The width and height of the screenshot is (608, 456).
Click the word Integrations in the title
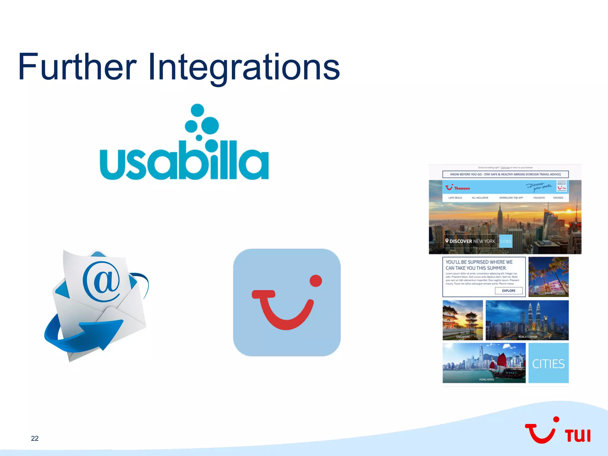point(243,67)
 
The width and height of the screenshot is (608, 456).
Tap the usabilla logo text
point(184,162)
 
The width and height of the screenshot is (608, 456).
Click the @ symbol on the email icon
point(102,281)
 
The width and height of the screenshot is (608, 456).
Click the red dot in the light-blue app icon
point(316,281)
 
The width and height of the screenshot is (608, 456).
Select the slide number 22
point(35,438)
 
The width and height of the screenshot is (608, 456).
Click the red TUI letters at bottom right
point(578,436)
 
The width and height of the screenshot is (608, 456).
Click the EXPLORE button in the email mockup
point(509,291)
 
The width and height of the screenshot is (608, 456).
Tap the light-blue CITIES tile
point(548,363)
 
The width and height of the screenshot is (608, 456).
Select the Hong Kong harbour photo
point(484,363)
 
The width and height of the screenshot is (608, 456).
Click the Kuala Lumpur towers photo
point(527,320)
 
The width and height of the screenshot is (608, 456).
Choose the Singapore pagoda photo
point(463,320)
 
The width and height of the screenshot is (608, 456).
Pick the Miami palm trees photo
point(548,277)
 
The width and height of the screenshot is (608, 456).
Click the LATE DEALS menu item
point(455,198)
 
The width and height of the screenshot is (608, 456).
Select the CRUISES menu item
point(558,198)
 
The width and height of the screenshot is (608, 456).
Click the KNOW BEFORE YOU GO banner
point(505,174)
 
